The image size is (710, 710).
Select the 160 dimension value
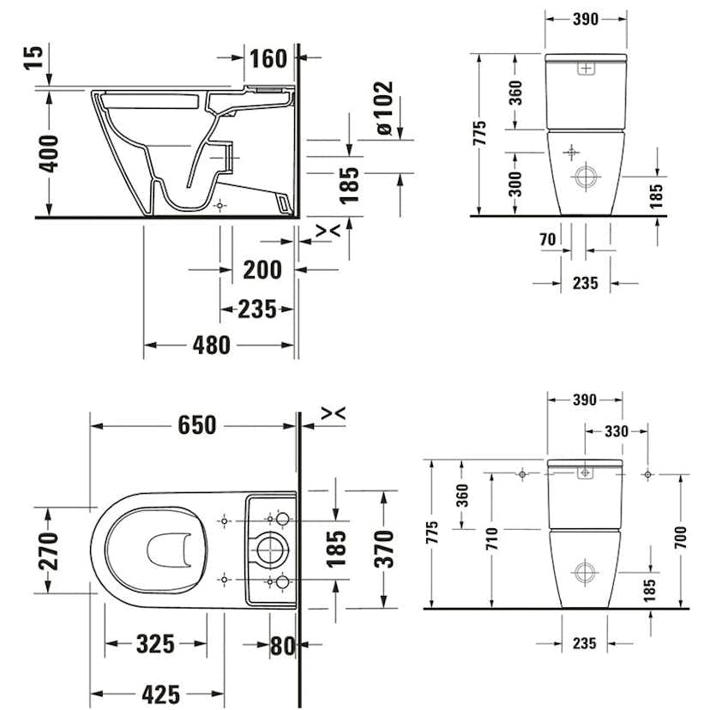[268, 58]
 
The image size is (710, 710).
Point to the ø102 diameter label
[383, 108]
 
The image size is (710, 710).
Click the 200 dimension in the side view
[262, 269]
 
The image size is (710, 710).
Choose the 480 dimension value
[211, 345]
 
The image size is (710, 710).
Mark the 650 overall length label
[197, 424]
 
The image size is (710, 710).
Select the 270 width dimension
[50, 550]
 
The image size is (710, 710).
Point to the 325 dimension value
[155, 643]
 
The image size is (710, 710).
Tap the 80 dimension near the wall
[282, 644]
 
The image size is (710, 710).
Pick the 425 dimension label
[160, 693]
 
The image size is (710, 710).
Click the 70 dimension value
[548, 239]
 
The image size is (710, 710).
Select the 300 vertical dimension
[515, 184]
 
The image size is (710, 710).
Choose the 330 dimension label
[615, 431]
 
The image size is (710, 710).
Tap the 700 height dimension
[680, 539]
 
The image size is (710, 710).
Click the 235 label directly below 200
[256, 309]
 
